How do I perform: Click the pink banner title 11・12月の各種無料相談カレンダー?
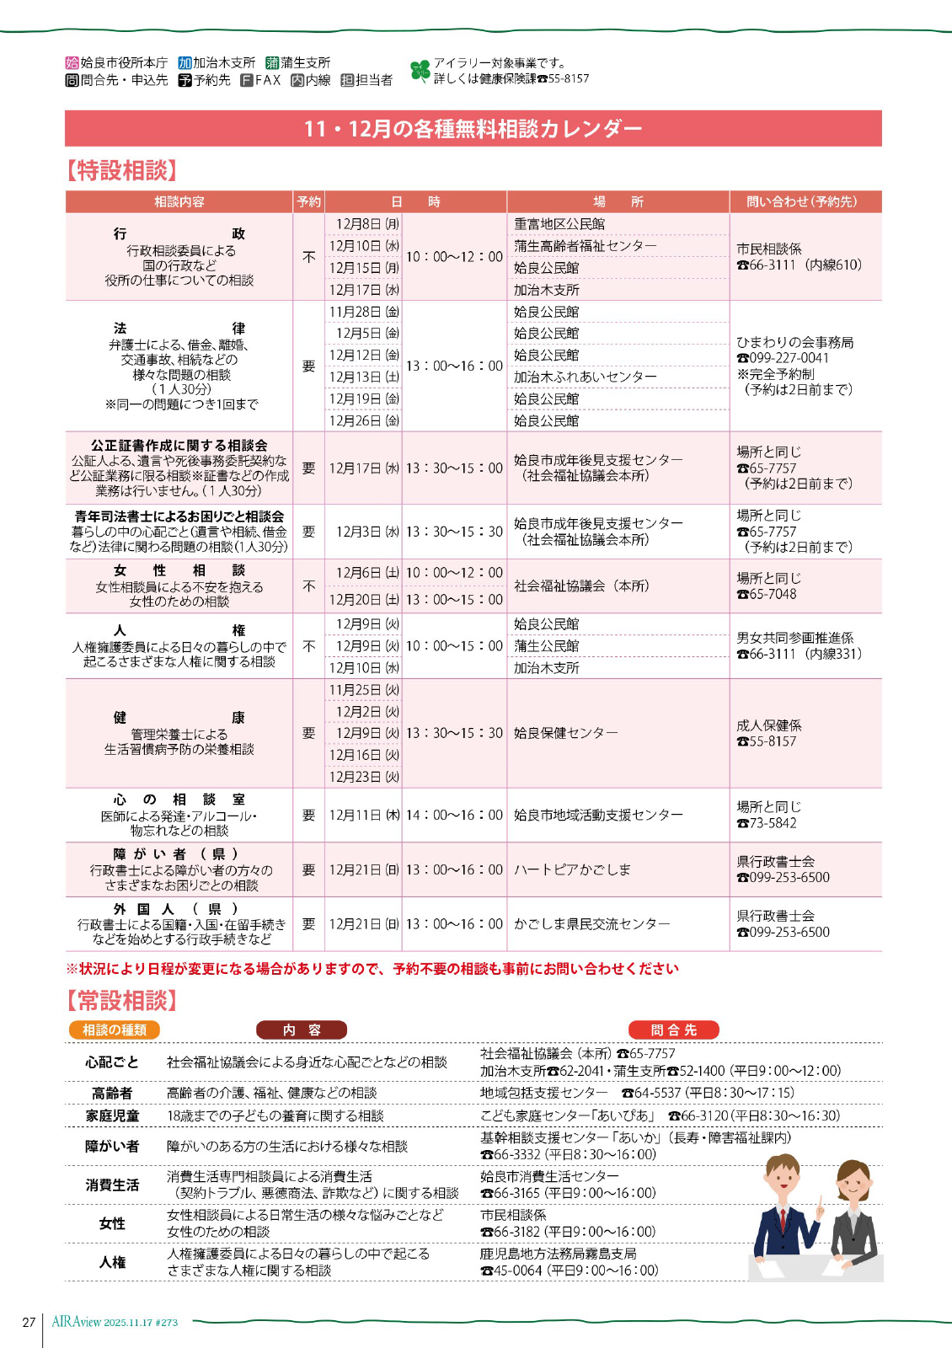(473, 128)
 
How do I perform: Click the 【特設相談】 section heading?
(122, 171)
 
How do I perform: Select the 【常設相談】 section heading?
(122, 1001)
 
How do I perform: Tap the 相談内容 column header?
(179, 202)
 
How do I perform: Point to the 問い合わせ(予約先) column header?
(801, 202)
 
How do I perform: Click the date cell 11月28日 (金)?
(364, 312)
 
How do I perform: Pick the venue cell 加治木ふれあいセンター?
(585, 377)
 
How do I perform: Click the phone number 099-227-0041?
(789, 358)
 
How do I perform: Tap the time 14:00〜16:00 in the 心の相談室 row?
(454, 816)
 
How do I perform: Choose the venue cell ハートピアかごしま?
(572, 869)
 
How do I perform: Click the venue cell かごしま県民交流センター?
(591, 924)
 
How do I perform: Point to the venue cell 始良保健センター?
(565, 733)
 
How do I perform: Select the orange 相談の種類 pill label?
(115, 1030)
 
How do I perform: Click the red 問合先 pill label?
(674, 1030)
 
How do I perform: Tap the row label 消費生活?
(112, 1185)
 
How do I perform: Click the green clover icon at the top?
(420, 71)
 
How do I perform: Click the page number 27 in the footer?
(29, 1322)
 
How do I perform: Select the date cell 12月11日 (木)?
(364, 816)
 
